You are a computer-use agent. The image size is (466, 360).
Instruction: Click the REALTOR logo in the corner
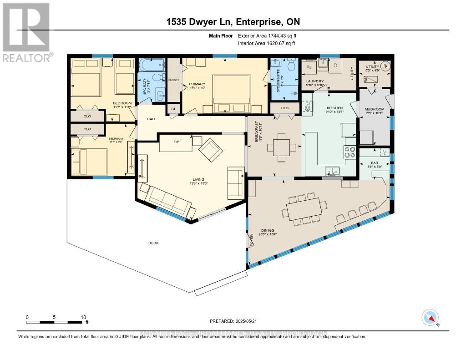[26, 32]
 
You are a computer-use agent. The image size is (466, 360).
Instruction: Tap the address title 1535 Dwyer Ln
[233, 22]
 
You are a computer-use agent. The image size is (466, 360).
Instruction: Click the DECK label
[153, 243]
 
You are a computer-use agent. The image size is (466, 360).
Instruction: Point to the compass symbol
[430, 317]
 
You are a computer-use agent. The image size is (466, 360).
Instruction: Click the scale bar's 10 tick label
[83, 317]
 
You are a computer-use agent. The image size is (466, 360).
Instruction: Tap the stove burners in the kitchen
[349, 152]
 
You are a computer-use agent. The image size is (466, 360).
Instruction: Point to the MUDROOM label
[375, 110]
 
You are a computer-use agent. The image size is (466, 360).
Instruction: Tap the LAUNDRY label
[314, 81]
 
